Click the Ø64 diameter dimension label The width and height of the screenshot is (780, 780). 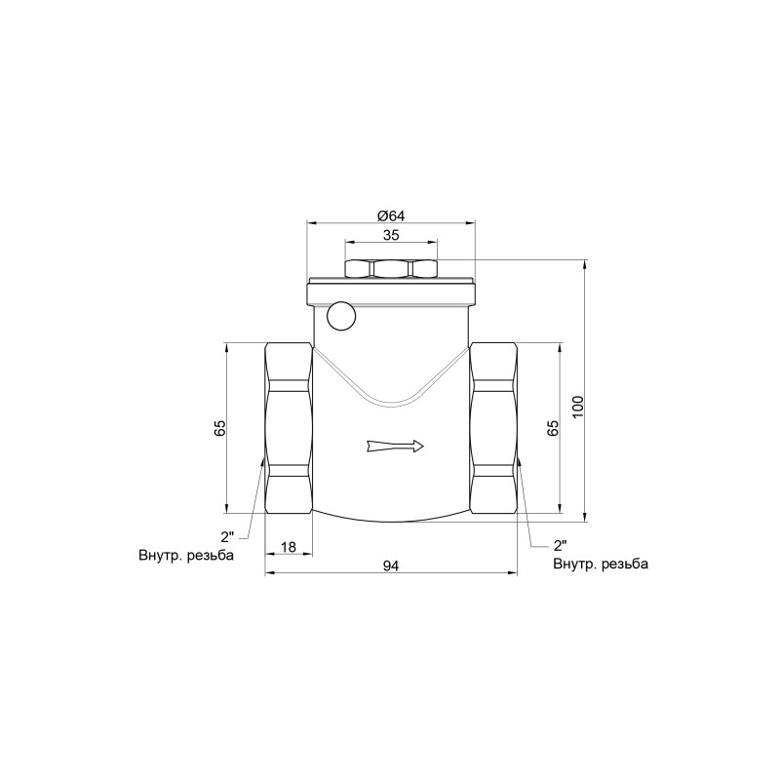390,215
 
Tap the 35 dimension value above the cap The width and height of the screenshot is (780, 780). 391,236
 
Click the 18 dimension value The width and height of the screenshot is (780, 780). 289,548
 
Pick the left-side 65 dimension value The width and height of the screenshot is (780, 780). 220,427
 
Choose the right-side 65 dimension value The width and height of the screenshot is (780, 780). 553,427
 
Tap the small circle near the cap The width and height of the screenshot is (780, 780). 341,315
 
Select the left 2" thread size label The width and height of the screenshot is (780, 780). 227,536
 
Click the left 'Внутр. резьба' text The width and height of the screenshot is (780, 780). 186,556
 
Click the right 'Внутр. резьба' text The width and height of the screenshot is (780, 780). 600,564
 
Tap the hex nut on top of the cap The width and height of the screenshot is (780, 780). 391,269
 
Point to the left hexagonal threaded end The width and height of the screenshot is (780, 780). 289,427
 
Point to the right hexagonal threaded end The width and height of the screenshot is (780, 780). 493,427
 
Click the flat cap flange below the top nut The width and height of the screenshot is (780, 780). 391,292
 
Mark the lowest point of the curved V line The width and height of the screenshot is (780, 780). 391,403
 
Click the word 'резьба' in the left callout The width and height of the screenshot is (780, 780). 212,556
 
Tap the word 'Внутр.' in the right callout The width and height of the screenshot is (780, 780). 574,564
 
